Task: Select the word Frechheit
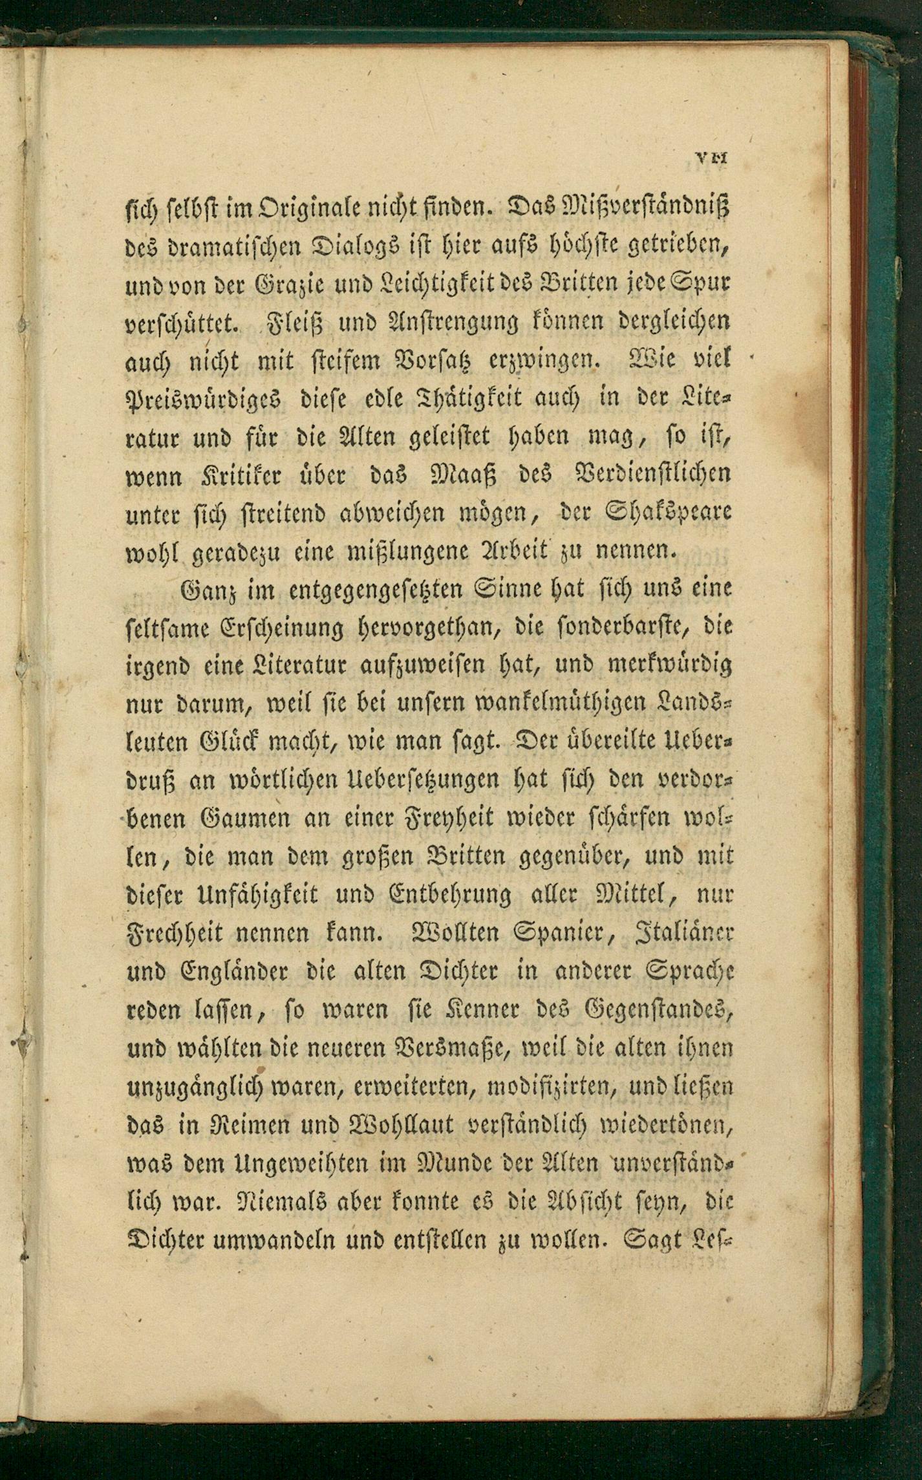point(172,932)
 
